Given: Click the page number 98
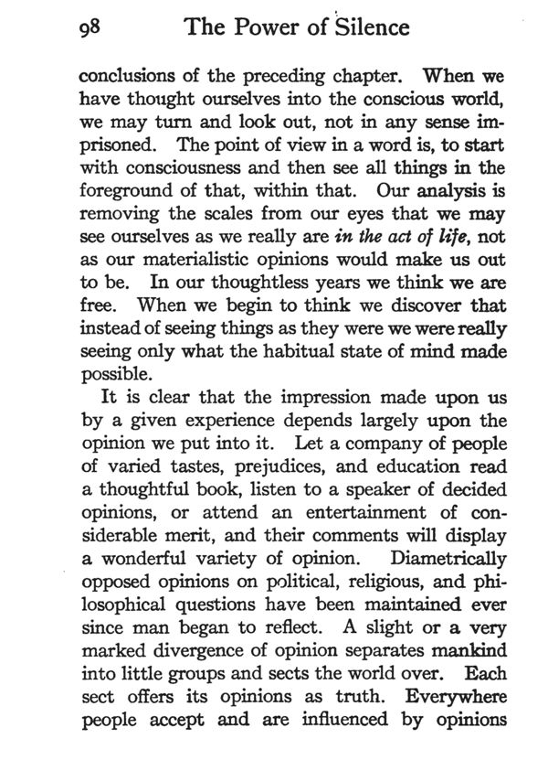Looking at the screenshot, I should [x=90, y=27].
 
